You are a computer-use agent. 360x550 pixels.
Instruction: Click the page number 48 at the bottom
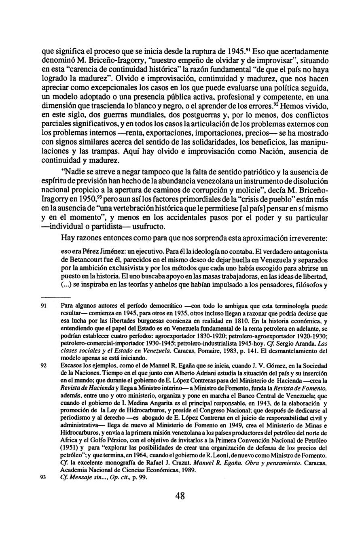(x=180, y=496)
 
